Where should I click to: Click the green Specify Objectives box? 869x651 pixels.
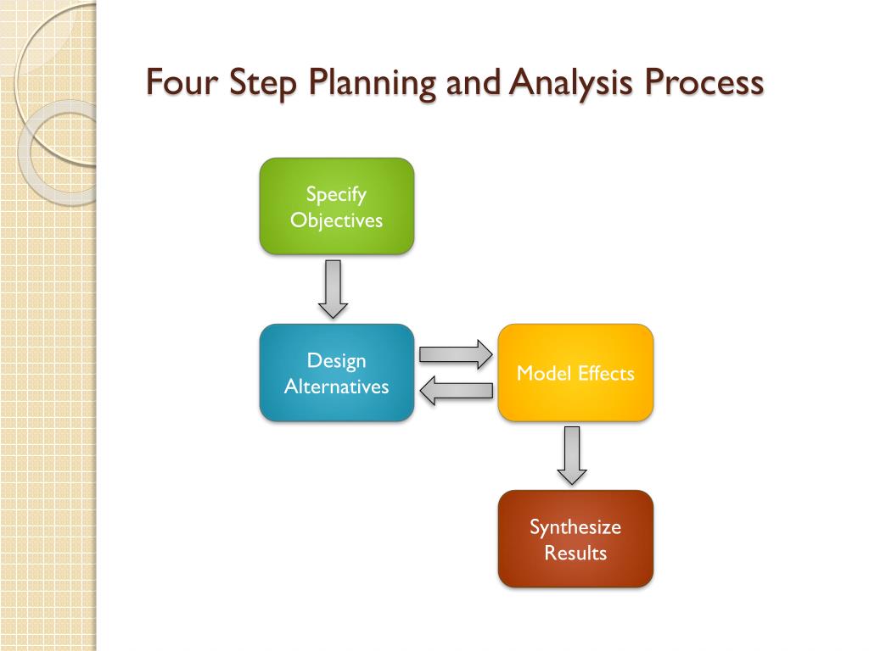coord(336,206)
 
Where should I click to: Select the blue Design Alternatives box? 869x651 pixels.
coord(336,373)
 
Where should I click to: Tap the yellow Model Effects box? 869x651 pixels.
coord(575,373)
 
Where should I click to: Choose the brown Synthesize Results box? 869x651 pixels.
coord(575,539)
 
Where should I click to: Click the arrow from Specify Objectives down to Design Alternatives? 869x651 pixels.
coord(333,288)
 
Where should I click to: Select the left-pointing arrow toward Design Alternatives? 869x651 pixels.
coord(456,391)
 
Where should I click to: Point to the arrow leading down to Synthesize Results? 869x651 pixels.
coord(572,454)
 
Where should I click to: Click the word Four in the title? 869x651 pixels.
coord(178,83)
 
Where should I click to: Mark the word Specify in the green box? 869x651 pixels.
coord(336,195)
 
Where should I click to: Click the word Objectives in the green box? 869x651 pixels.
coord(336,220)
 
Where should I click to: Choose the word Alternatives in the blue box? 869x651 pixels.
coord(336,387)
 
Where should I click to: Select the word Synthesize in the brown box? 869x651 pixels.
coord(575,527)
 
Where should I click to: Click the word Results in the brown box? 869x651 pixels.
coord(575,554)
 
